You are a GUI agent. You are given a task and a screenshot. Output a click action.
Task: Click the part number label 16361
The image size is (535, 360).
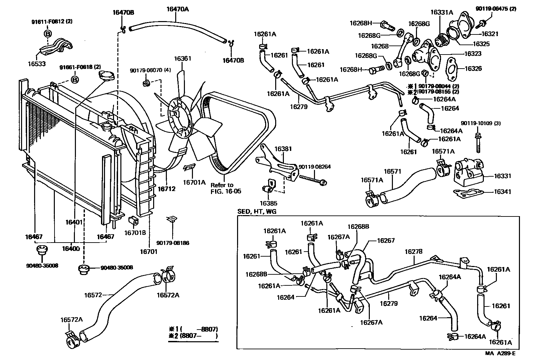click(182, 59)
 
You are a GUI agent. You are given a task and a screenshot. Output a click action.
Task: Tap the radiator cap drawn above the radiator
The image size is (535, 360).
click(106, 76)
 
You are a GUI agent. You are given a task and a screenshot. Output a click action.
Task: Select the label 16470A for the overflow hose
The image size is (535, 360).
click(177, 9)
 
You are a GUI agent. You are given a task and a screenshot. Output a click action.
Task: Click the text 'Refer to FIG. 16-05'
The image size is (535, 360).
click(226, 188)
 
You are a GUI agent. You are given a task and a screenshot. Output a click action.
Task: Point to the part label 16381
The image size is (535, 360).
click(283, 149)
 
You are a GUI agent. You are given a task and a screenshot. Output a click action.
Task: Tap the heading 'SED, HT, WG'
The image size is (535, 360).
click(257, 211)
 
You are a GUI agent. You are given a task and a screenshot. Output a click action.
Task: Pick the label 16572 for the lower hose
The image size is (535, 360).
click(93, 295)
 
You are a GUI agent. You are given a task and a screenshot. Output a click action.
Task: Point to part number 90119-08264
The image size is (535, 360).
click(315, 167)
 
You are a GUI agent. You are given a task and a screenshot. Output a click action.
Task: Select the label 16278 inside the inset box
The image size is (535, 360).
click(413, 251)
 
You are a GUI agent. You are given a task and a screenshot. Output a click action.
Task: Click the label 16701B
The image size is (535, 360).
click(135, 233)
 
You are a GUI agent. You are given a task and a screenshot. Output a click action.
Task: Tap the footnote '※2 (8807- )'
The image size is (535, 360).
click(193, 336)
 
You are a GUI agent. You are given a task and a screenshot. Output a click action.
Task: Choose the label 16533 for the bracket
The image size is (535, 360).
click(37, 64)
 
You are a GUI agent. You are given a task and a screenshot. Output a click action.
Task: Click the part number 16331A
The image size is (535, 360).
click(441, 12)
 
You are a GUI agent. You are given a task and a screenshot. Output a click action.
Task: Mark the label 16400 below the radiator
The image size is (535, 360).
click(71, 249)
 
